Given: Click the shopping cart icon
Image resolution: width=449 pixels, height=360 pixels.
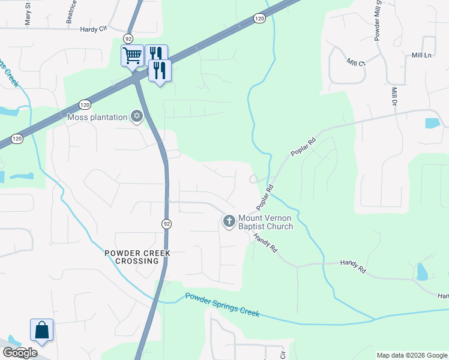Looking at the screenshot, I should click(132, 56).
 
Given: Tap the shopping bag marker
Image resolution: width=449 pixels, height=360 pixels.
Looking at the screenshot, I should click(42, 330).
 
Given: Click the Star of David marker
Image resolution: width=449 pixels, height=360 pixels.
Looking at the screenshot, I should click(137, 116).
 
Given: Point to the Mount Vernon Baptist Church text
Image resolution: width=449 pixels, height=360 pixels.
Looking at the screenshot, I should click(265, 222).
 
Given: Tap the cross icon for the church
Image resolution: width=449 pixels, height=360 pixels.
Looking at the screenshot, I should click(229, 222).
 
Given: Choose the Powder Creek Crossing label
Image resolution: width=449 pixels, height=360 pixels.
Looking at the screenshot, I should click(137, 257).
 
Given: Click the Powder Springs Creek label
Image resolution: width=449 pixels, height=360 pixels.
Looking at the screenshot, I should click(222, 305).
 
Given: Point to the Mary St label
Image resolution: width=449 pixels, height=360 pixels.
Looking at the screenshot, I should click(28, 13).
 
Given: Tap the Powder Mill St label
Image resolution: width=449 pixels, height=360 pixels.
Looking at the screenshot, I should click(378, 22).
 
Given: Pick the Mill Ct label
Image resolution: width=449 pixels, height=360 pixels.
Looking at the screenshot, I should click(356, 62).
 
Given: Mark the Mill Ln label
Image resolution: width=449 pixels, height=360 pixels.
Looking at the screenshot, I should click(422, 55).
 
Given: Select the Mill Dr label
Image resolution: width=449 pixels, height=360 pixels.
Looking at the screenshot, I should click(395, 95).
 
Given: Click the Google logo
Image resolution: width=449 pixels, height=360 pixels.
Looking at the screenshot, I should click(20, 352).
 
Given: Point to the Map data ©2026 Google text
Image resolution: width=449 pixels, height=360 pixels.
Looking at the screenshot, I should click(412, 355).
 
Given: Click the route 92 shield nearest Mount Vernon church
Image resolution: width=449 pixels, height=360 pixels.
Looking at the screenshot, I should click(166, 223).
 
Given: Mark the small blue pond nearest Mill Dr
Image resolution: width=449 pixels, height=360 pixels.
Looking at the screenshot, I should click(432, 123).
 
